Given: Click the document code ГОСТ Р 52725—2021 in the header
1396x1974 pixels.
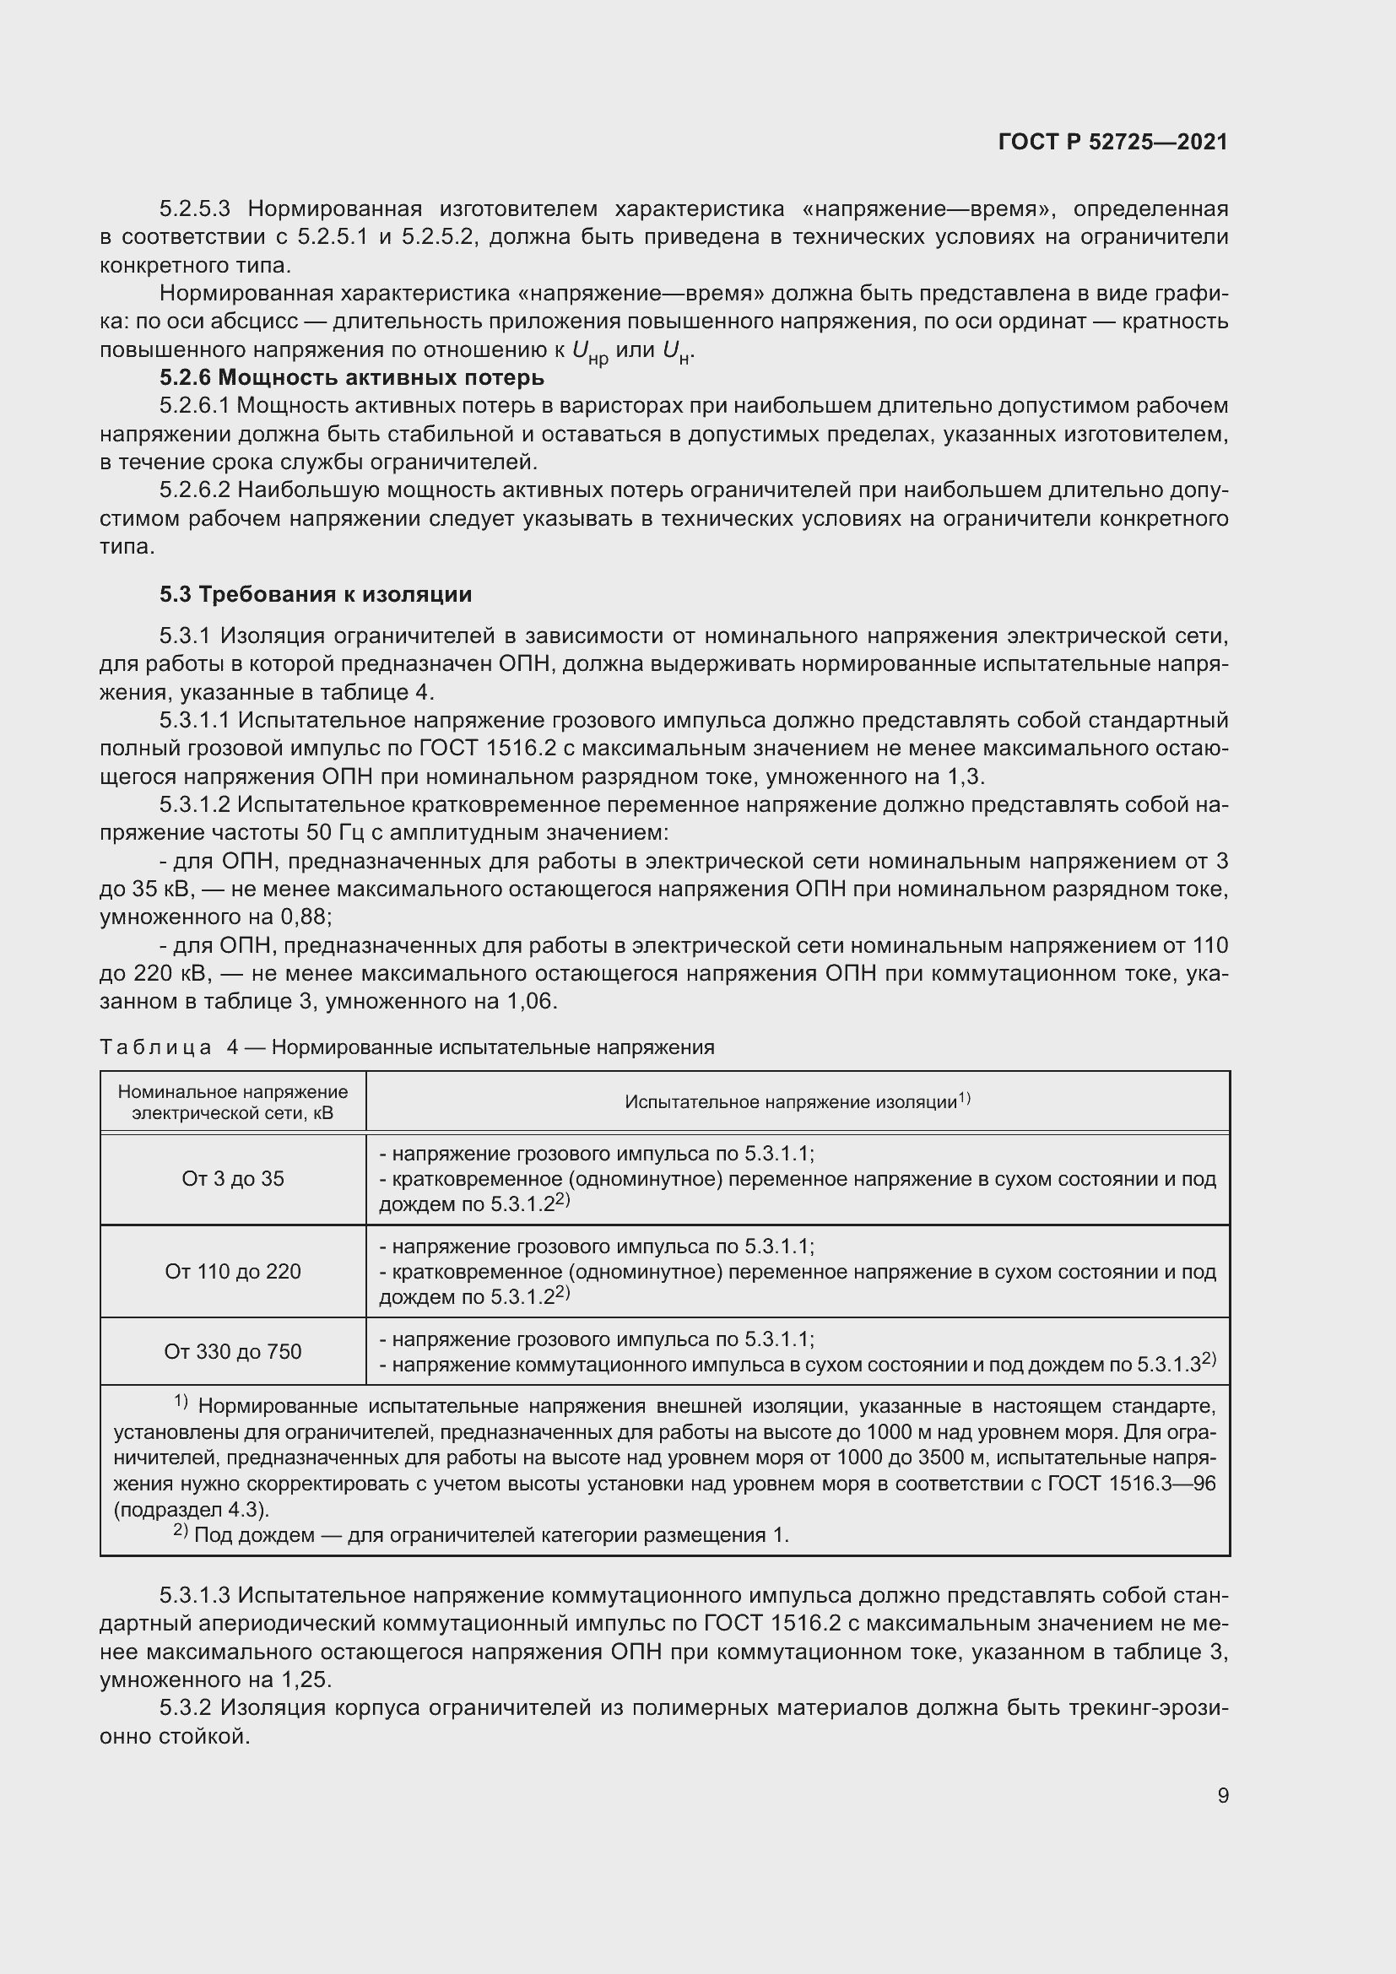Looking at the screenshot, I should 1112,142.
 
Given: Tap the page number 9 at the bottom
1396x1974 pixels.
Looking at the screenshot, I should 1222,1795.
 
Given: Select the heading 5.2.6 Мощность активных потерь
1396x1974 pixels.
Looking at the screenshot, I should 352,377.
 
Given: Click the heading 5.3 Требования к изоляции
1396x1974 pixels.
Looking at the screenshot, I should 316,594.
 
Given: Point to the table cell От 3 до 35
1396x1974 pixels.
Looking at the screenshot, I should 233,1179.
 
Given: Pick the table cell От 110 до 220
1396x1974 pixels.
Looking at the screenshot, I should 233,1272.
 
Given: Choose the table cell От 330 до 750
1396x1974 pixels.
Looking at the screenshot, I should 233,1351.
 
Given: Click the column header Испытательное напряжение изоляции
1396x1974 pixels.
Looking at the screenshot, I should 797,1101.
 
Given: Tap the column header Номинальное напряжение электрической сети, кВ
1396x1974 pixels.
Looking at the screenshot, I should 233,1102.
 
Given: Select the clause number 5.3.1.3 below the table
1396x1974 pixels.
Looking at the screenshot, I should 194,1596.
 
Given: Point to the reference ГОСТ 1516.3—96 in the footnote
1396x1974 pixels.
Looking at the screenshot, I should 1132,1484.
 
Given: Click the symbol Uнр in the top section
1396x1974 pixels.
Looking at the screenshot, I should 590,352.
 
